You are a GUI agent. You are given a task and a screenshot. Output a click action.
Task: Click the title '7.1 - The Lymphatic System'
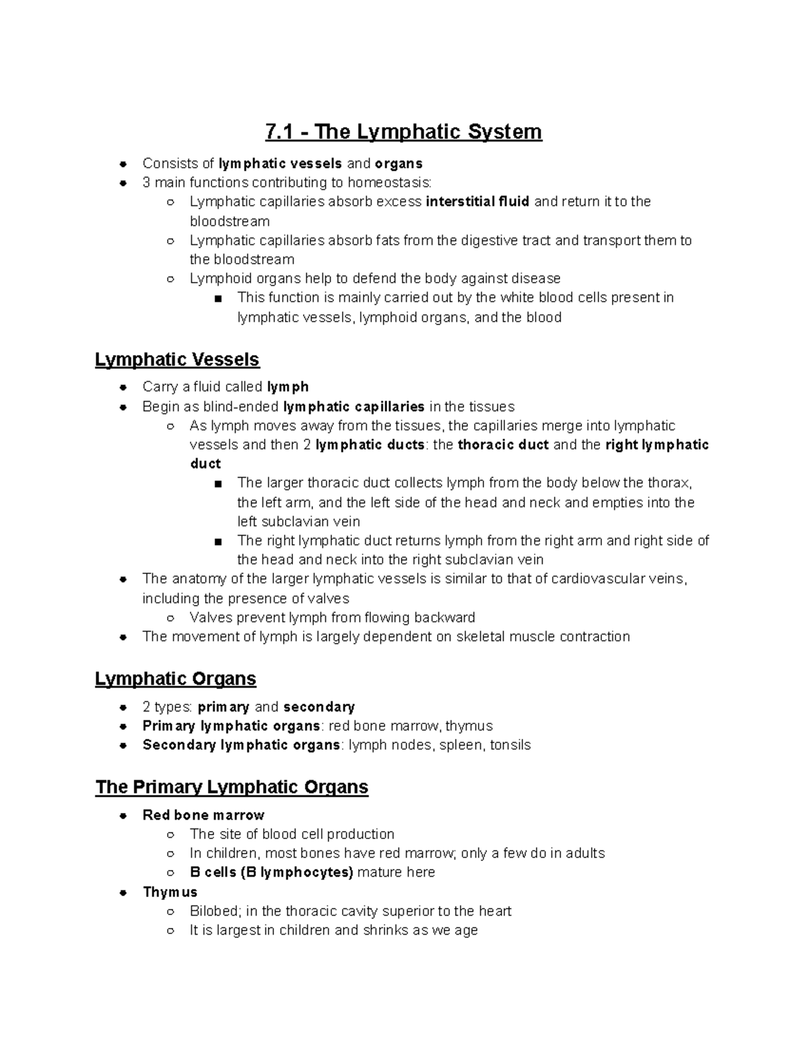[x=403, y=131]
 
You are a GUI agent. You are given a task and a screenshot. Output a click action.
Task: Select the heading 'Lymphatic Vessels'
[x=177, y=360]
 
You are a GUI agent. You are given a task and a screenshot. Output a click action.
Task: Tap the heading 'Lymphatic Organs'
[x=176, y=678]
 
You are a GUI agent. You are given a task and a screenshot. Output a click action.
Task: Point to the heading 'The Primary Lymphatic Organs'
[x=232, y=787]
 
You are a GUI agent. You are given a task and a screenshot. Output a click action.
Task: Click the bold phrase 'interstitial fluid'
[x=477, y=201]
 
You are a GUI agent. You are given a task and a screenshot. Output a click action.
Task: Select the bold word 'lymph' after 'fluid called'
[x=288, y=387]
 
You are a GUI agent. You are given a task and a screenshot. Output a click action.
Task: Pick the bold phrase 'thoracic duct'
[x=503, y=445]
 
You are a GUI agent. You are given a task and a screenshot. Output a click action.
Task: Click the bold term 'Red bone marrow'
[x=203, y=815]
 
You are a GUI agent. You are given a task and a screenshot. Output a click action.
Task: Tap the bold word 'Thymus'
[x=170, y=892]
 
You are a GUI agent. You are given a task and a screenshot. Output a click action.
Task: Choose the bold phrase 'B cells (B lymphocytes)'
[x=271, y=872]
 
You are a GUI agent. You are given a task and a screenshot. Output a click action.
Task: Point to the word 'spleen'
[x=461, y=745]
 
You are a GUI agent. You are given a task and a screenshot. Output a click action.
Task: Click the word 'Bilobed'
[x=214, y=911]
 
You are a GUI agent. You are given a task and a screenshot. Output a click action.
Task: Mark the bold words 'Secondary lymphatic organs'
[x=241, y=745]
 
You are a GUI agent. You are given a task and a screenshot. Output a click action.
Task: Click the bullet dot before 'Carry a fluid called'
[x=123, y=387]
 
